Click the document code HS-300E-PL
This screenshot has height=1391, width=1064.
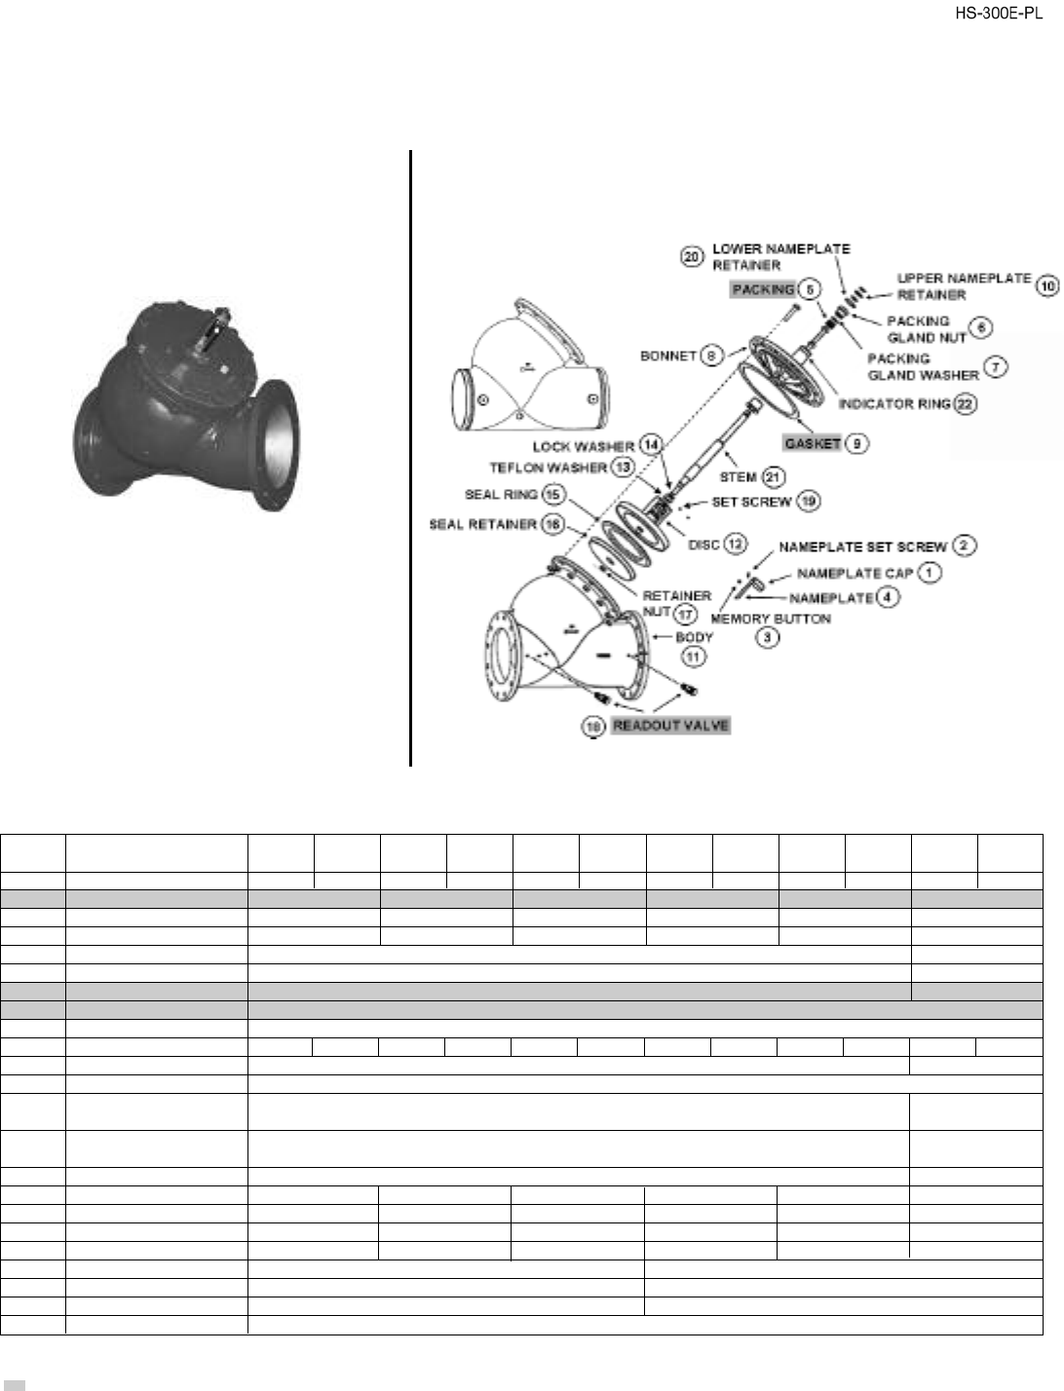(x=1006, y=14)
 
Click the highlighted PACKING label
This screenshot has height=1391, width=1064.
(x=762, y=289)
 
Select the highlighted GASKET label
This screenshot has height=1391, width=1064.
(x=813, y=443)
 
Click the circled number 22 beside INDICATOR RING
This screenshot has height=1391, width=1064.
(x=966, y=404)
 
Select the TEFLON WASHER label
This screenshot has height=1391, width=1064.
(x=547, y=468)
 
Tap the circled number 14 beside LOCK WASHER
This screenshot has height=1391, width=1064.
(x=651, y=445)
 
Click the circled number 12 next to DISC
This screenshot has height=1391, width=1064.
(x=735, y=544)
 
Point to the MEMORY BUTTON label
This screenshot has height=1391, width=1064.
(x=771, y=618)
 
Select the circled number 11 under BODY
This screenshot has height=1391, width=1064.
(x=693, y=658)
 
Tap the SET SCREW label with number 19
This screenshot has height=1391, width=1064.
(x=751, y=503)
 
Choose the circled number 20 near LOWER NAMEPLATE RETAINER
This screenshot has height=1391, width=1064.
(x=691, y=256)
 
